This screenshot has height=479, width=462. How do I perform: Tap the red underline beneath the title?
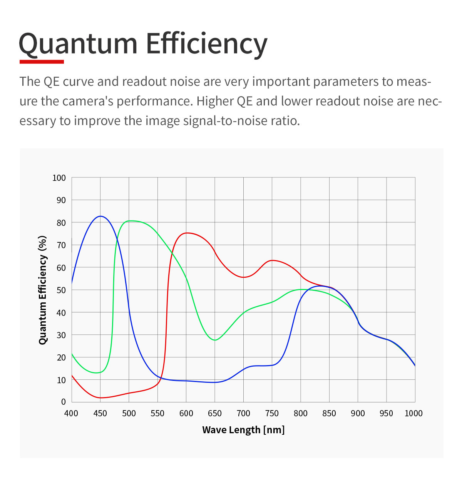42,61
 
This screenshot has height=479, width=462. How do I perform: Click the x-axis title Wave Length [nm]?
243,430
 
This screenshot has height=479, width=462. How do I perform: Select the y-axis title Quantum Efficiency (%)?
43,290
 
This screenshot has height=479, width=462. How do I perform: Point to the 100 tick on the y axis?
59,178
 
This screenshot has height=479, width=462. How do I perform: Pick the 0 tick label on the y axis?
63,402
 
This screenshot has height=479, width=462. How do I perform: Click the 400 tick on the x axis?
71,414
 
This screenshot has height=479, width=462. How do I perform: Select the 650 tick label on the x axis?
214,414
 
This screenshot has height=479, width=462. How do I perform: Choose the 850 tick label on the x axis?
329,414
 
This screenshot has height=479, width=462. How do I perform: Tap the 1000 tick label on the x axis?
413,414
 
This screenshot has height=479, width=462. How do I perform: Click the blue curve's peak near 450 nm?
100,216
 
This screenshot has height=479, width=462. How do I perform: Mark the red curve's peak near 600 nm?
187,233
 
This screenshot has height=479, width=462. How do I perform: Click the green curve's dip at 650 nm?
215,340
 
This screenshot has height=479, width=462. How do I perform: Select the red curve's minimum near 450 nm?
100,398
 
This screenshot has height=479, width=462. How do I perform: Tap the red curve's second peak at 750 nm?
272,260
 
